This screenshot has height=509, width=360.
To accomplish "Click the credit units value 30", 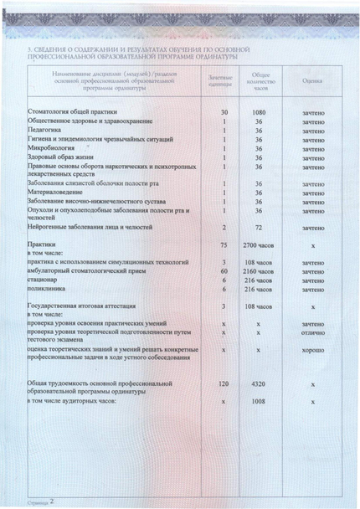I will click(224, 111).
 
